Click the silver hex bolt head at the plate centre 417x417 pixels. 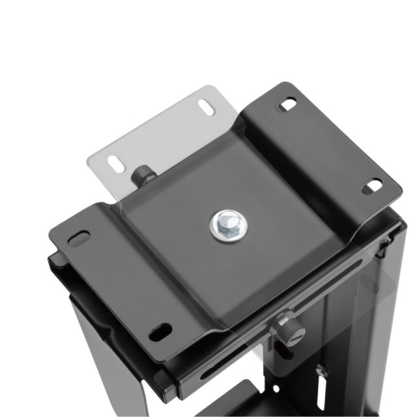[227, 225]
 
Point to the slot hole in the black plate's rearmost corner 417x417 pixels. [286, 104]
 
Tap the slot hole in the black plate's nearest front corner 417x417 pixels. [160, 332]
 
